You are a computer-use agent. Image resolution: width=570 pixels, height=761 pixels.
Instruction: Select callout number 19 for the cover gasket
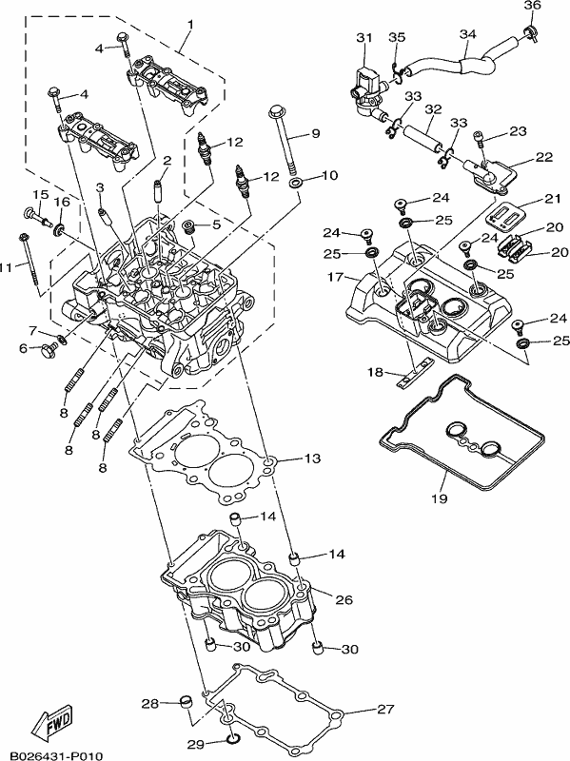coord(440,498)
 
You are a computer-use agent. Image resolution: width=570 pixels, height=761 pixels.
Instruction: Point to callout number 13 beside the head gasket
coord(313,459)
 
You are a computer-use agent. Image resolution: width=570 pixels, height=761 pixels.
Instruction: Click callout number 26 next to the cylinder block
coord(344,600)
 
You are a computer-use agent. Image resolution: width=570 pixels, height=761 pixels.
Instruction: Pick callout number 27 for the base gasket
coord(385,709)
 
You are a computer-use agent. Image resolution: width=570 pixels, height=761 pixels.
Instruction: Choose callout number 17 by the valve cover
coord(335,278)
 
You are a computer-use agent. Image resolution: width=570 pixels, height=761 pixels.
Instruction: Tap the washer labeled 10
coord(296,184)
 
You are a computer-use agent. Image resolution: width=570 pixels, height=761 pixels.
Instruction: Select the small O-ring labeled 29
coord(233,740)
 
